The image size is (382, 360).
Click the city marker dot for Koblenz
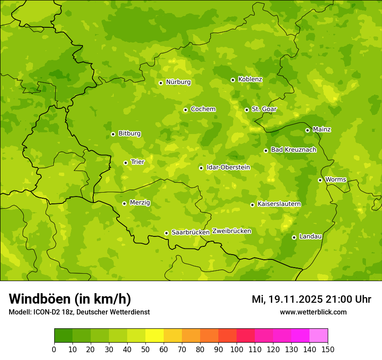(x=233, y=80)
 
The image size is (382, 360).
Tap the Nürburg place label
(x=178, y=82)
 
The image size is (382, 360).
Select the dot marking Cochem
(x=185, y=110)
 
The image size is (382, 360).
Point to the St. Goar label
(x=264, y=109)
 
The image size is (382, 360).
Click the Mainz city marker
(x=307, y=130)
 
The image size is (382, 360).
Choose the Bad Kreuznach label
(x=293, y=150)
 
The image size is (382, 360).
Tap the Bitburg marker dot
(x=113, y=134)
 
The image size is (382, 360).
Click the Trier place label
(x=137, y=162)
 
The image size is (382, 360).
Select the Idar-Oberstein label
(x=228, y=167)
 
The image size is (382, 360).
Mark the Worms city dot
(x=320, y=180)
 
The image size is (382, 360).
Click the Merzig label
(x=140, y=203)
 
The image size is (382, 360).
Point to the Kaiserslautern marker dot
(x=252, y=205)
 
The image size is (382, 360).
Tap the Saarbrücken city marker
(x=166, y=233)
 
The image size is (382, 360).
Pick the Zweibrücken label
(x=231, y=231)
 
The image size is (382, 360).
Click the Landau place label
(x=310, y=237)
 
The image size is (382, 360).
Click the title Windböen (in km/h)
(x=70, y=299)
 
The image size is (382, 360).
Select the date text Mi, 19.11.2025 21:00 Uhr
(x=311, y=299)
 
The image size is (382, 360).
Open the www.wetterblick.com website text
(x=313, y=312)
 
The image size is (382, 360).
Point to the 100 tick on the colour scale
(x=237, y=349)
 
